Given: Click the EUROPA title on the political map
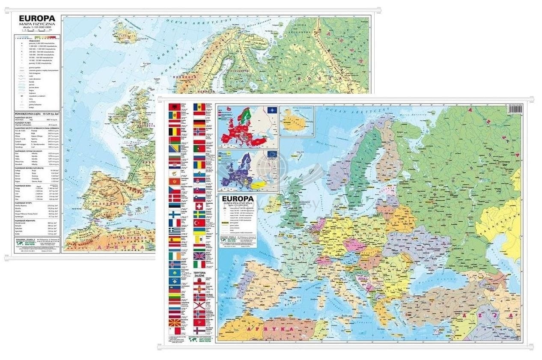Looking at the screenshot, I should click(x=236, y=199).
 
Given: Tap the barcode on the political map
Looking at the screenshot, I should click(x=514, y=110).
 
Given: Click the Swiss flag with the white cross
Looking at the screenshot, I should click(x=199, y=206).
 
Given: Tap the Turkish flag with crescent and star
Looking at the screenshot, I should click(x=199, y=223).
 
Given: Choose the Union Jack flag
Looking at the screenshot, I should click(x=199, y=256).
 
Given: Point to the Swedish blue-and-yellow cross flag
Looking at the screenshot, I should click(x=199, y=214).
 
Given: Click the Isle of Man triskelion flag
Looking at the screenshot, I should click(x=199, y=322).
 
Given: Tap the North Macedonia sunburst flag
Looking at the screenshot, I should click(x=174, y=322).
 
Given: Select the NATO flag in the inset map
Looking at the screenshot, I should click(x=271, y=110).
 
